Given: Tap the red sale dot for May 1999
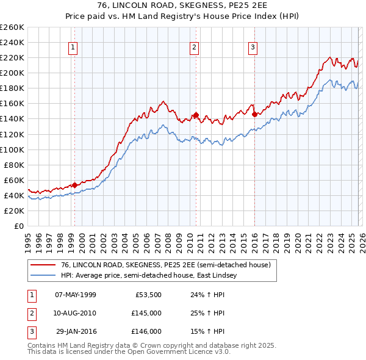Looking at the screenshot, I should click(x=74, y=185).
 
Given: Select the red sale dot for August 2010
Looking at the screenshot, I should click(x=196, y=115).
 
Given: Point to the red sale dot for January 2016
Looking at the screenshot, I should click(x=254, y=114).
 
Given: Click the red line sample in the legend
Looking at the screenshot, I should click(x=43, y=265).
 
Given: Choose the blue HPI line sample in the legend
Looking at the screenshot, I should click(x=43, y=275).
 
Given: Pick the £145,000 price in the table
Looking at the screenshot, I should click(x=146, y=313).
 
